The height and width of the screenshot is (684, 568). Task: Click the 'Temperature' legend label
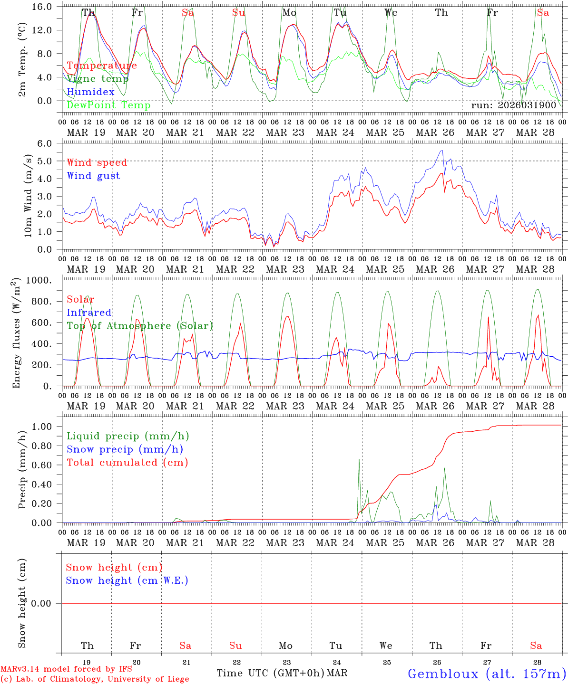pyautogui.click(x=102, y=66)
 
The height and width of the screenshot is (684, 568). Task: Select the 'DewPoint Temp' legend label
pyautogui.click(x=108, y=105)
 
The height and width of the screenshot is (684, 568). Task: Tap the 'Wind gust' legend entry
pyautogui.click(x=93, y=176)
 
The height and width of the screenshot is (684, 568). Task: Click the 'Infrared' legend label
pyautogui.click(x=89, y=313)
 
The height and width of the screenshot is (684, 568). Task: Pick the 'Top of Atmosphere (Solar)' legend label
pyautogui.click(x=140, y=326)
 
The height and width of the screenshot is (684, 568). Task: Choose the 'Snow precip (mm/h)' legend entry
pyautogui.click(x=125, y=449)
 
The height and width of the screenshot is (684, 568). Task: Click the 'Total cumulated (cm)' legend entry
pyautogui.click(x=127, y=463)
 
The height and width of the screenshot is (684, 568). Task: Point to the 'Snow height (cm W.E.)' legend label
pyautogui.click(x=127, y=580)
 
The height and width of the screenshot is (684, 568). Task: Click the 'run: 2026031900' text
pyautogui.click(x=513, y=105)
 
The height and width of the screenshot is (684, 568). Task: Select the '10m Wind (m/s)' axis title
pyautogui.click(x=29, y=196)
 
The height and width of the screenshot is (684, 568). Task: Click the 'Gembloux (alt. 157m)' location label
pyautogui.click(x=487, y=674)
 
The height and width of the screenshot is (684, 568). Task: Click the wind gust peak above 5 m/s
pyautogui.click(x=442, y=151)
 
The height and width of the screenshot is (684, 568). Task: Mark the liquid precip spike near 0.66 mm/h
pyautogui.click(x=359, y=459)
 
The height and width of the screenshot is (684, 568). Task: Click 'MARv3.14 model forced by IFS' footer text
pyautogui.click(x=66, y=669)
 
